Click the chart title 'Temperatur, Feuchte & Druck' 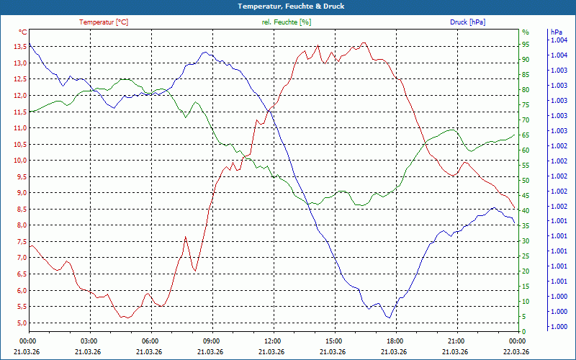click(x=288, y=6)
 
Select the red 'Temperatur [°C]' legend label click(x=104, y=22)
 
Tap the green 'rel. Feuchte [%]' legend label click(x=287, y=22)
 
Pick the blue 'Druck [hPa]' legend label click(x=467, y=22)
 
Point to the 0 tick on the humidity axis click(x=523, y=331)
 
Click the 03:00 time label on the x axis click(x=89, y=341)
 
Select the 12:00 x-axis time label click(x=272, y=341)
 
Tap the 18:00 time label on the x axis click(x=395, y=341)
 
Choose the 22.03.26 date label click(x=516, y=351)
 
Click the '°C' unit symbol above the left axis click(x=23, y=32)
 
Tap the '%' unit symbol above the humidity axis click(x=525, y=32)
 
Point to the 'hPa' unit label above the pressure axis click(x=556, y=32)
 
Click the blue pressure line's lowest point click(x=388, y=318)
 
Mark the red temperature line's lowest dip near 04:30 click(x=124, y=318)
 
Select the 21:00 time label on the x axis click(x=455, y=341)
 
